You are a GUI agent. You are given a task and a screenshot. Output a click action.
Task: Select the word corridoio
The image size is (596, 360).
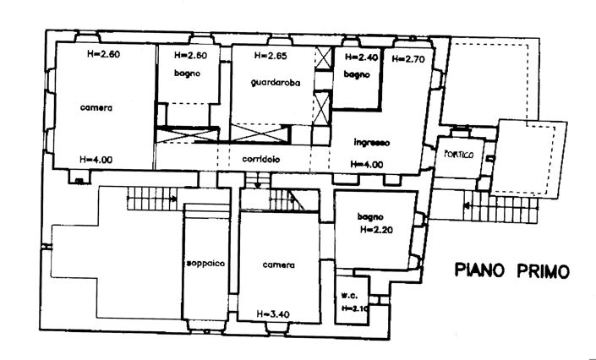[260, 160]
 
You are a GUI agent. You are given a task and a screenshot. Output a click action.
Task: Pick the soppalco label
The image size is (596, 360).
[205, 264]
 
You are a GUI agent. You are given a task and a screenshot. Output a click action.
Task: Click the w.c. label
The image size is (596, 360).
[348, 295]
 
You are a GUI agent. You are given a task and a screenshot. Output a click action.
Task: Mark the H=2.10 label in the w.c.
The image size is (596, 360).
[356, 308]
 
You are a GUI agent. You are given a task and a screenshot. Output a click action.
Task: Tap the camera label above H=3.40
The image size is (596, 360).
[277, 265]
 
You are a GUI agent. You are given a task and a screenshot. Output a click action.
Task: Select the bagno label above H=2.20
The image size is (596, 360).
[370, 216]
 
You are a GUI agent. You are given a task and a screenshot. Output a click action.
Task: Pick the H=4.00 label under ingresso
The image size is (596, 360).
[366, 163]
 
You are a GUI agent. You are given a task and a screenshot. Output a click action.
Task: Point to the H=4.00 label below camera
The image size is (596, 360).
[96, 159]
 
